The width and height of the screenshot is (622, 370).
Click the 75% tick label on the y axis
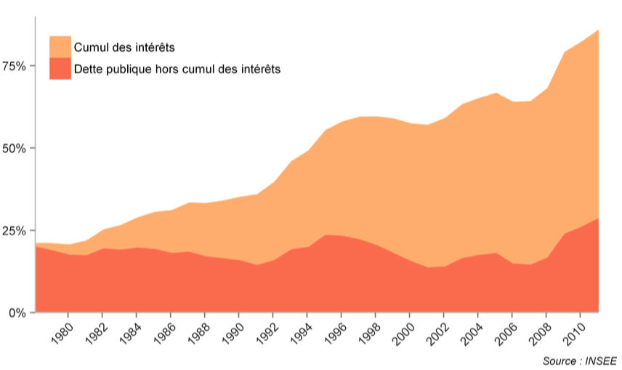click(x=15, y=66)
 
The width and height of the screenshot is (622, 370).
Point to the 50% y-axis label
click(x=15, y=148)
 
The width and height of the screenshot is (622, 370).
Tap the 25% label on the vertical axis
click(x=15, y=231)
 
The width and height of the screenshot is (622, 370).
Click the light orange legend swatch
click(x=60, y=46)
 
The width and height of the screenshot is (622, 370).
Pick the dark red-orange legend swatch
click(x=60, y=69)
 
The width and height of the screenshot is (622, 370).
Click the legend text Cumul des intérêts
click(x=124, y=47)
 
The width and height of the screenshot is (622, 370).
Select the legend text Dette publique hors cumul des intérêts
click(x=177, y=69)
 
